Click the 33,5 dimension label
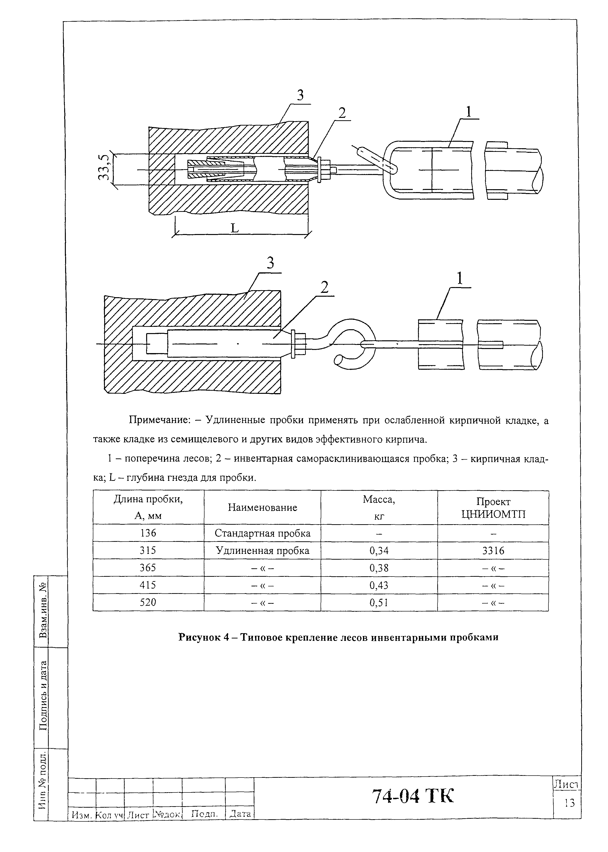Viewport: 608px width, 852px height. point(105,168)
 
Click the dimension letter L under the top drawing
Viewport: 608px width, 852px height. point(234,228)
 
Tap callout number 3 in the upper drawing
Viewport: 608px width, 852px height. point(300,96)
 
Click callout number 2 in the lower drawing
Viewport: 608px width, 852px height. point(324,287)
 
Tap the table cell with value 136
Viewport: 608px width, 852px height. point(148,533)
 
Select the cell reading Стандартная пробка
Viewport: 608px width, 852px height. point(262,533)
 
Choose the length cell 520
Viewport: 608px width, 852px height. point(148,602)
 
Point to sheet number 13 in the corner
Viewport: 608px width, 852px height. point(569,803)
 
